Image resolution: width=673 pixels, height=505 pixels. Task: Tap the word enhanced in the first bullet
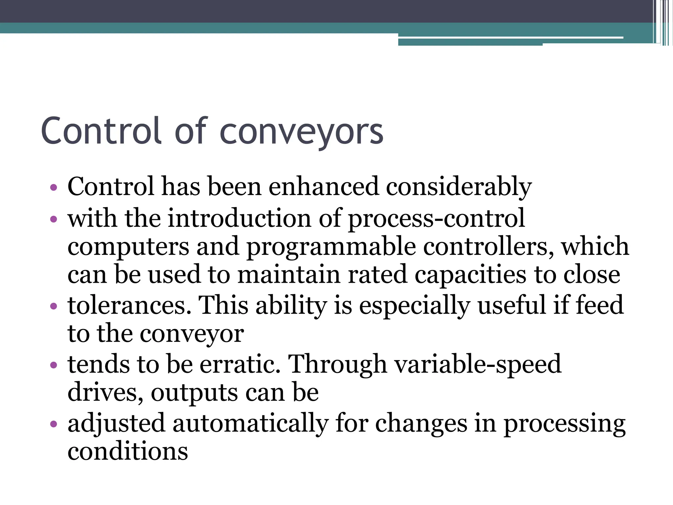click(323, 187)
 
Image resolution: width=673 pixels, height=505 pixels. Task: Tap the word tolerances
click(129, 305)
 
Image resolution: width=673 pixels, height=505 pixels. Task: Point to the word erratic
click(240, 364)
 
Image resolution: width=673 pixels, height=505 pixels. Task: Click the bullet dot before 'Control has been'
click(54, 188)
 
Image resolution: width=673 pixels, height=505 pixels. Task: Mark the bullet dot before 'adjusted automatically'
click(54, 424)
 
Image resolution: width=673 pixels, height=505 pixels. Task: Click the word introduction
click(239, 219)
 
